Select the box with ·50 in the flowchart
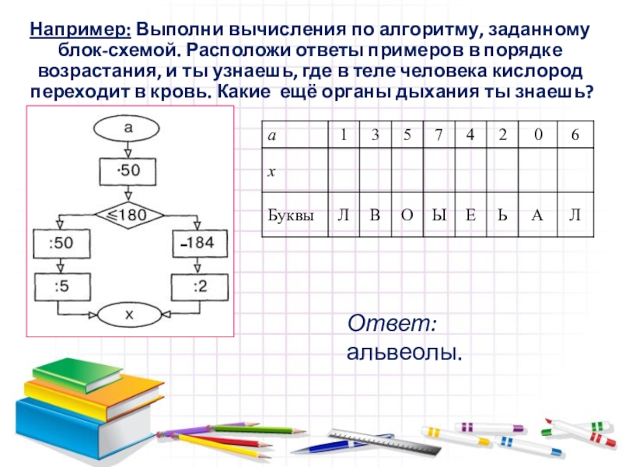129,170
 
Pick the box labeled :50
61,244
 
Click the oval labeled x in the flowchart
129,315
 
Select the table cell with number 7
439,135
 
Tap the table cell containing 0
536,135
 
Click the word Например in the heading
79,31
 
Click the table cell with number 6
575,135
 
